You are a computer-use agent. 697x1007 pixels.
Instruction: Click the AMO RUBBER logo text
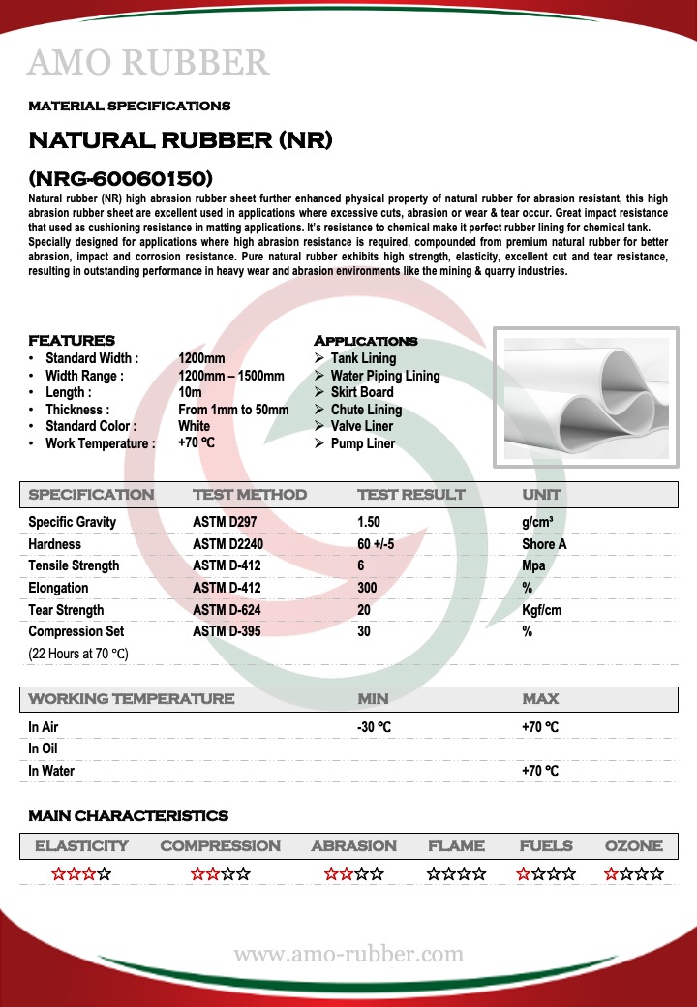coord(148,63)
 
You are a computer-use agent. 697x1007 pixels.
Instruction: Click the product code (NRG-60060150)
coord(121,179)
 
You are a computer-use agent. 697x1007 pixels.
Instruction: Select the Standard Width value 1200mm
coord(201,358)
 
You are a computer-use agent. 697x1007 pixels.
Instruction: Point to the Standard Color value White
coord(194,426)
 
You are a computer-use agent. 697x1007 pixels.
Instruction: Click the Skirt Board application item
coord(361,392)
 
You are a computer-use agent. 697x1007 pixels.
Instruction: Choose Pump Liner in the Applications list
coord(362,443)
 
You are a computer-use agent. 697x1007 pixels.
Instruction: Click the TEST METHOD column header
coord(250,495)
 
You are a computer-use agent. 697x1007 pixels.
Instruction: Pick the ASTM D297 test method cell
coord(225,522)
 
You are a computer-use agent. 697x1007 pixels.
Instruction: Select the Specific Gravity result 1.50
coord(369,522)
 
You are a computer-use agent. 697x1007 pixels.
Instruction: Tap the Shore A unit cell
coord(544,544)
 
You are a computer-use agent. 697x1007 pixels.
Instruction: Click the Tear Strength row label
coord(66,610)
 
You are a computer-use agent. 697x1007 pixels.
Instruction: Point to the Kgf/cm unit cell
coord(542,610)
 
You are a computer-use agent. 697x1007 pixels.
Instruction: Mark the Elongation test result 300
coord(368,588)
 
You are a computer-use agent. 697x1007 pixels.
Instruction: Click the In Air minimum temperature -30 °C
coord(375,727)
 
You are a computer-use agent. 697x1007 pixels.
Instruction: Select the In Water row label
coord(51,771)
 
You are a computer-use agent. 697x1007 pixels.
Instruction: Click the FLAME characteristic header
coord(456,846)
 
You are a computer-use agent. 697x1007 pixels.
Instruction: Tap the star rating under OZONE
coord(634,874)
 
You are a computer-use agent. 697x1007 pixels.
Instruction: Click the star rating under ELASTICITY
coord(81,874)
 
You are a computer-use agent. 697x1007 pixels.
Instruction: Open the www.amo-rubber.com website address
coord(348,955)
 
